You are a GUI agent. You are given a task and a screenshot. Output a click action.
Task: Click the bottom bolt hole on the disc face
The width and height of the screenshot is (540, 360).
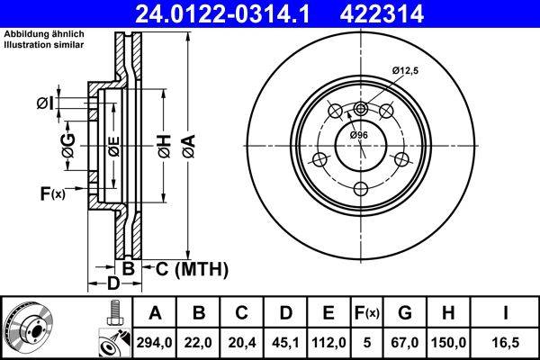(x=361, y=188)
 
